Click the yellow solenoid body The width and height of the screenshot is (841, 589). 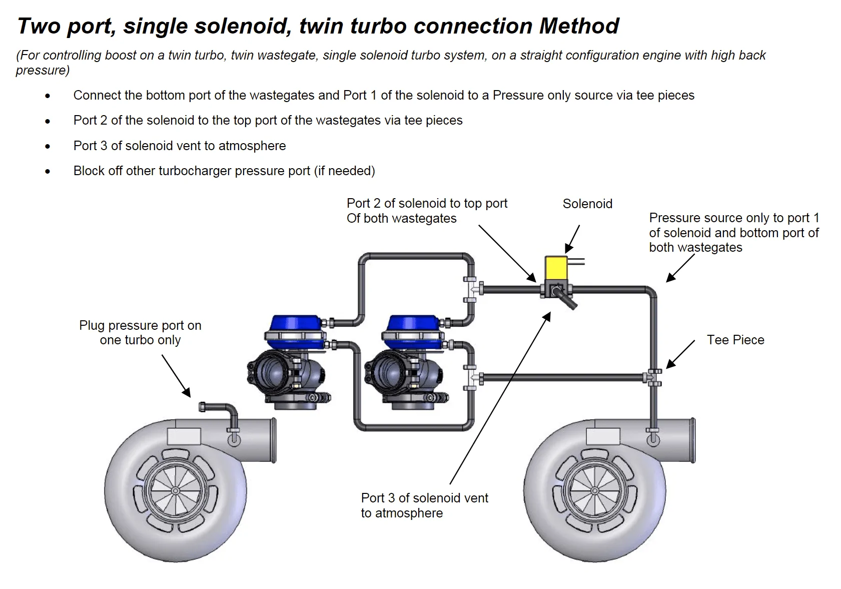[x=556, y=268]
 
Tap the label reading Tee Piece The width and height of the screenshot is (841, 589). [x=735, y=340]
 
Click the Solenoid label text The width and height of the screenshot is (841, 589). [x=587, y=204]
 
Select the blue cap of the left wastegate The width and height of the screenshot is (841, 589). [x=295, y=324]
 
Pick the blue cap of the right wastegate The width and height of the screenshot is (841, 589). [x=413, y=324]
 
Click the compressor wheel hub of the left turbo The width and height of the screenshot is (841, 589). [x=176, y=491]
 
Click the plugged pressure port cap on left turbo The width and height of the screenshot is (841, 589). [x=203, y=406]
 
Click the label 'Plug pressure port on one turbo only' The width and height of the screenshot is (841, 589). [x=140, y=333]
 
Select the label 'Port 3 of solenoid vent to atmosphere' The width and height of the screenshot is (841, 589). [x=424, y=505]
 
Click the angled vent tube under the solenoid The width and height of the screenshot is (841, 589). [x=569, y=300]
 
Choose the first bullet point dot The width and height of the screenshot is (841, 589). [x=48, y=96]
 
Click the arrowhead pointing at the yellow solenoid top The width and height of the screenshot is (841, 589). [x=569, y=249]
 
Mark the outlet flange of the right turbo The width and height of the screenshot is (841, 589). [x=692, y=440]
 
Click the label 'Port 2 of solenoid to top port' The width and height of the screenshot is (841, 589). [x=427, y=203]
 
